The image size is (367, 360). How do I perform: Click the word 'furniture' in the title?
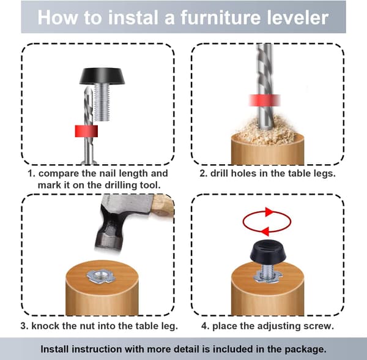[220, 17]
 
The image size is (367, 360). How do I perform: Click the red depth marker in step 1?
[86, 131]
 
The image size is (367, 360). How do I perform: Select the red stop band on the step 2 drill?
[265, 100]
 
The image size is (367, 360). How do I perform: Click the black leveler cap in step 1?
[102, 76]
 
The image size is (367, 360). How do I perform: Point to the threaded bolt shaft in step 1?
[102, 103]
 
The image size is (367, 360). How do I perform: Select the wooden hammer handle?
[163, 206]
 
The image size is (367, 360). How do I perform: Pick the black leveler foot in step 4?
[267, 252]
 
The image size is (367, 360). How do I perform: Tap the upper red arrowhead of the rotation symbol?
[269, 212]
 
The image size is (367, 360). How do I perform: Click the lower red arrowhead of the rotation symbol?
[265, 231]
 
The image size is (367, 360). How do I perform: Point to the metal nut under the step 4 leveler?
[267, 276]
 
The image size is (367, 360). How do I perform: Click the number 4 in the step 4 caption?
[204, 326]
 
